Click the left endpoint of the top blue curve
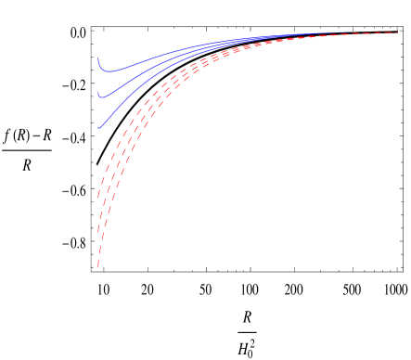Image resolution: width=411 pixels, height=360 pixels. pos(98,58)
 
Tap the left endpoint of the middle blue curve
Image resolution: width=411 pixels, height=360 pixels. pos(98,94)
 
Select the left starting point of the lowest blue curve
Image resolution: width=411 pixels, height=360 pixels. pos(98,128)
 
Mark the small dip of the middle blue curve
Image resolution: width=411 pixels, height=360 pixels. pos(103,96)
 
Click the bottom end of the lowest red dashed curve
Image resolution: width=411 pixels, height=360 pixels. pos(98,267)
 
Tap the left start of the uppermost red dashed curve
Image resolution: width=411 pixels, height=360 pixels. pos(98,196)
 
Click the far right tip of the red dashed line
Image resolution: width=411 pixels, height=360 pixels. pos(399,32)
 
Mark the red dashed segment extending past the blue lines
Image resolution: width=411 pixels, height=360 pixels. pos(380,33)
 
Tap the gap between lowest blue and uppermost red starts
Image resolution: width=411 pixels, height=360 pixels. pos(98,162)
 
